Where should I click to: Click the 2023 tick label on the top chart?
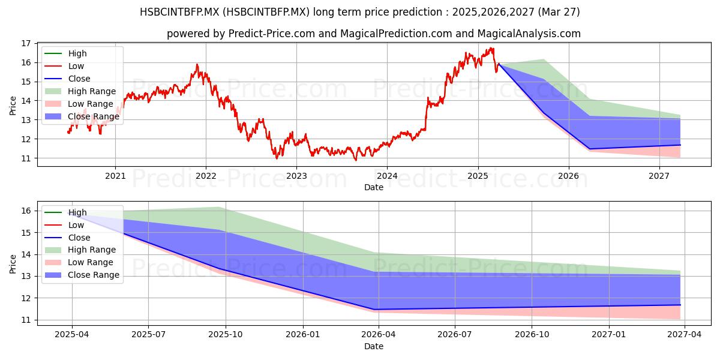coord(296,176)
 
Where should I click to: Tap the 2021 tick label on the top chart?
coord(115,176)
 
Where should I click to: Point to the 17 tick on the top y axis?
coord(26,43)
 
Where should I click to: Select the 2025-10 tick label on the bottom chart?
coord(226,335)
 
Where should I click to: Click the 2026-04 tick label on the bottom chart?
coord(379,335)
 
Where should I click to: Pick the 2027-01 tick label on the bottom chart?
coord(608,335)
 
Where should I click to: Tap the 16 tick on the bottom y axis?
coord(26,211)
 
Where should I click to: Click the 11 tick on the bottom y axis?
coord(26,320)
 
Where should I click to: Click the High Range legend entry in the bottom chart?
coord(80,250)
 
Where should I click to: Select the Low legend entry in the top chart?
coord(64,66)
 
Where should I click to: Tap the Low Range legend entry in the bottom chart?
coord(79,262)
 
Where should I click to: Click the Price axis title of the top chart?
coord(13,106)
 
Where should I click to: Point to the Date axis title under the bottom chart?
coord(373,346)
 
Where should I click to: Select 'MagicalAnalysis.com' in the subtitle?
coord(529,34)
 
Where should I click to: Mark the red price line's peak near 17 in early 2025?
coord(491,48)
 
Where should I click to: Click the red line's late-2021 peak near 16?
coord(197,65)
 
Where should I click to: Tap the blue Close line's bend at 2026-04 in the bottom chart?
coord(374,310)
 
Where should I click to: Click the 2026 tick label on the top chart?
coord(568,176)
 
